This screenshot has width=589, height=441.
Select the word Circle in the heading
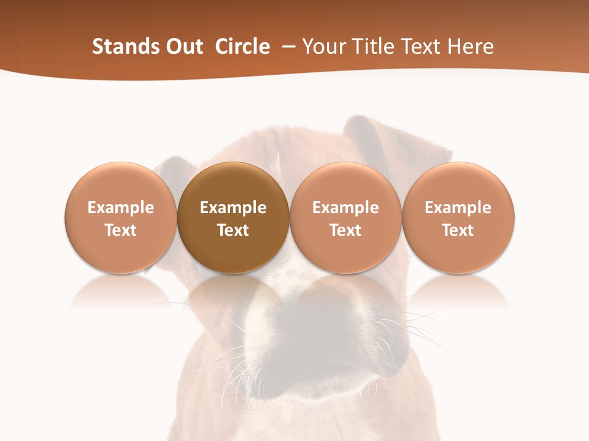point(242,47)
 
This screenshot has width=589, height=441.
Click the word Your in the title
point(323,47)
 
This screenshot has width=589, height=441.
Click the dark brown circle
point(233,217)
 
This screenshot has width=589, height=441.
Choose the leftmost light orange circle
point(121,217)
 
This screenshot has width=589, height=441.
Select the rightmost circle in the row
point(458,217)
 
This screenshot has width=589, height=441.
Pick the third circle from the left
point(345,217)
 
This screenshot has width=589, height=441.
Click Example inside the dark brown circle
point(233,208)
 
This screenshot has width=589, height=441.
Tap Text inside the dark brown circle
point(233,230)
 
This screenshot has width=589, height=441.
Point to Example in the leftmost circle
point(121,208)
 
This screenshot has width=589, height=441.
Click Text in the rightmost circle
point(458,230)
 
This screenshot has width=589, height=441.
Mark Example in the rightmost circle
point(458,208)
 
